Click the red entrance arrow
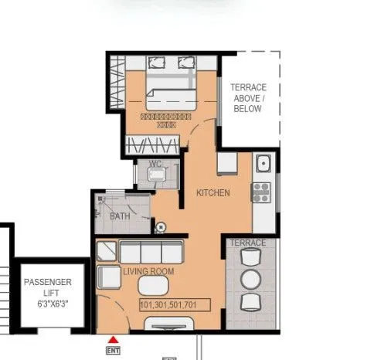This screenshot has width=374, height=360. [x=114, y=339]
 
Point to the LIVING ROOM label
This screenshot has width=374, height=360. [x=148, y=272]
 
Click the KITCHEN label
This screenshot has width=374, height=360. [x=212, y=192]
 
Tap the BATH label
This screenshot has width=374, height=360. [x=120, y=217]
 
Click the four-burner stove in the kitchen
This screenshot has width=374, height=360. [x=261, y=190]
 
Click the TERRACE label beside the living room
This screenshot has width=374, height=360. [x=248, y=243]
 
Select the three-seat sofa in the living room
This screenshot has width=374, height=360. [x=151, y=253]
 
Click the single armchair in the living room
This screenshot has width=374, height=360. [x=107, y=280]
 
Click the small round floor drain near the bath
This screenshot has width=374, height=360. [x=160, y=227]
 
